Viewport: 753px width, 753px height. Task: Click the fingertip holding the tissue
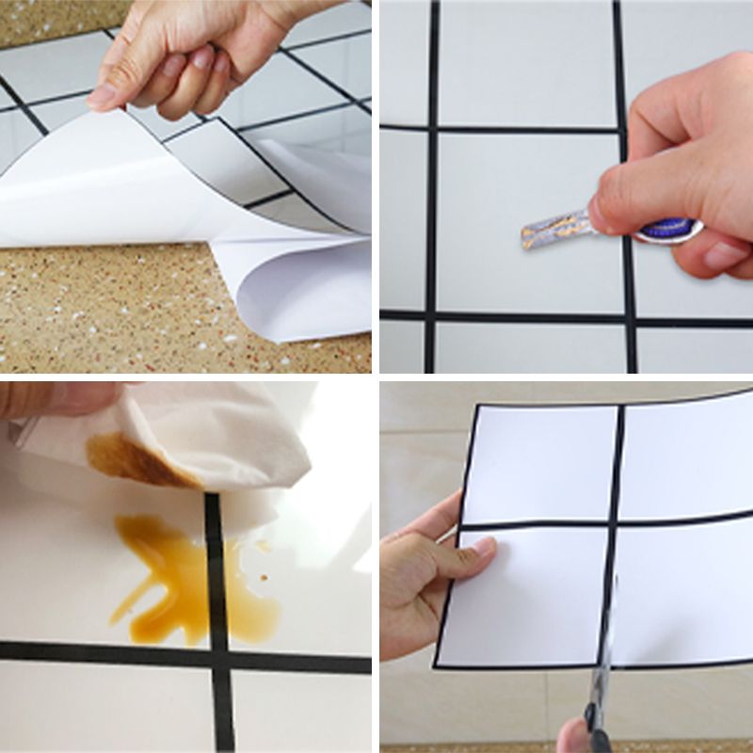click(x=38, y=400)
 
